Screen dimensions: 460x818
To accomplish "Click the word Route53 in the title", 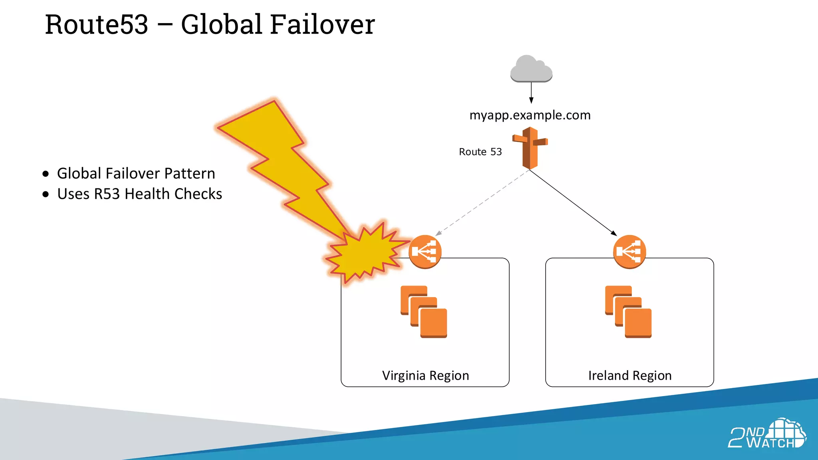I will coord(96,25).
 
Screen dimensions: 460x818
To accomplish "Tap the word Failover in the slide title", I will coord(322,25).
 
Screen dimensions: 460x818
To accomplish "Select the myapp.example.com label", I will coord(530,115).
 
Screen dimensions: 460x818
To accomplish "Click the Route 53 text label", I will coord(480,152).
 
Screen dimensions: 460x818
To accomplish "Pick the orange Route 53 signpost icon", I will coord(530,148).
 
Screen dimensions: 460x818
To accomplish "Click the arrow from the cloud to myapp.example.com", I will coord(531,93).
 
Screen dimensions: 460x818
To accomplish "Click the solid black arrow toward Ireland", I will coord(573,203).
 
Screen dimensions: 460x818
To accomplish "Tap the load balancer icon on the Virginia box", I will coord(425,252).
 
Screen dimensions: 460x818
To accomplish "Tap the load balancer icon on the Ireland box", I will coord(629,252).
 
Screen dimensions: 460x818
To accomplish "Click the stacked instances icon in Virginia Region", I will coord(424,312).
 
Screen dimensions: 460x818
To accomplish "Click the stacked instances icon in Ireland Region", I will coord(628,312).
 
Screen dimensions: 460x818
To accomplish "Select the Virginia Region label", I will coord(425,376).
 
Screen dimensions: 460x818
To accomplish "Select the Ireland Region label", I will coord(630,376).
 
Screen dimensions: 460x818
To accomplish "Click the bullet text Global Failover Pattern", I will coord(136,174).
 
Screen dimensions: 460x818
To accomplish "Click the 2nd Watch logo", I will coord(767,434).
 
